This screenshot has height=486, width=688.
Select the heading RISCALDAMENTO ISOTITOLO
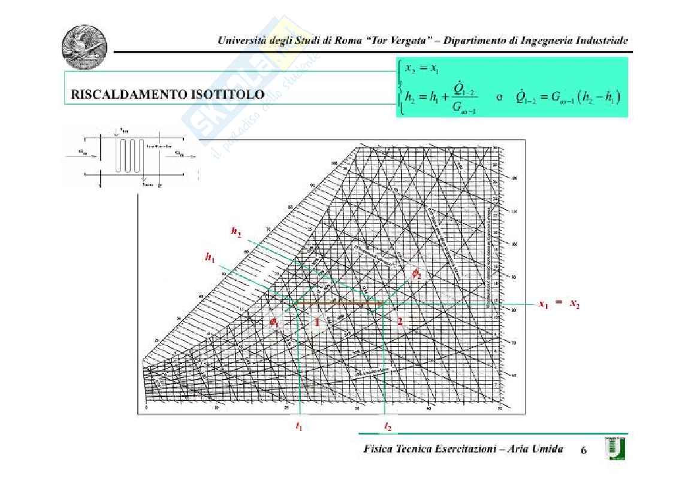[x=167, y=95]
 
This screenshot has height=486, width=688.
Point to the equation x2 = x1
[x=422, y=68]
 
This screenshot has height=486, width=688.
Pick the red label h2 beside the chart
[x=237, y=231]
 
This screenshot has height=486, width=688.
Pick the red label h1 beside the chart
[x=210, y=257]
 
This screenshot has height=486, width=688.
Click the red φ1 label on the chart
[x=274, y=323]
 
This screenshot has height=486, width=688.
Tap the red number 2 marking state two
[x=400, y=322]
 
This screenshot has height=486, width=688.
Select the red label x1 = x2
[x=559, y=305]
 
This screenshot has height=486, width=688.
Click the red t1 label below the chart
[x=299, y=426]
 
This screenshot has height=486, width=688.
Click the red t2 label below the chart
[x=388, y=426]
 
